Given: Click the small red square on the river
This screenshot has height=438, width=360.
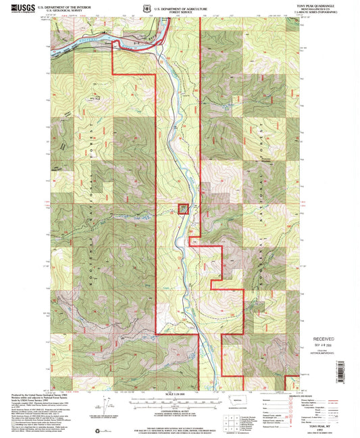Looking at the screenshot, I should (183, 210).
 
